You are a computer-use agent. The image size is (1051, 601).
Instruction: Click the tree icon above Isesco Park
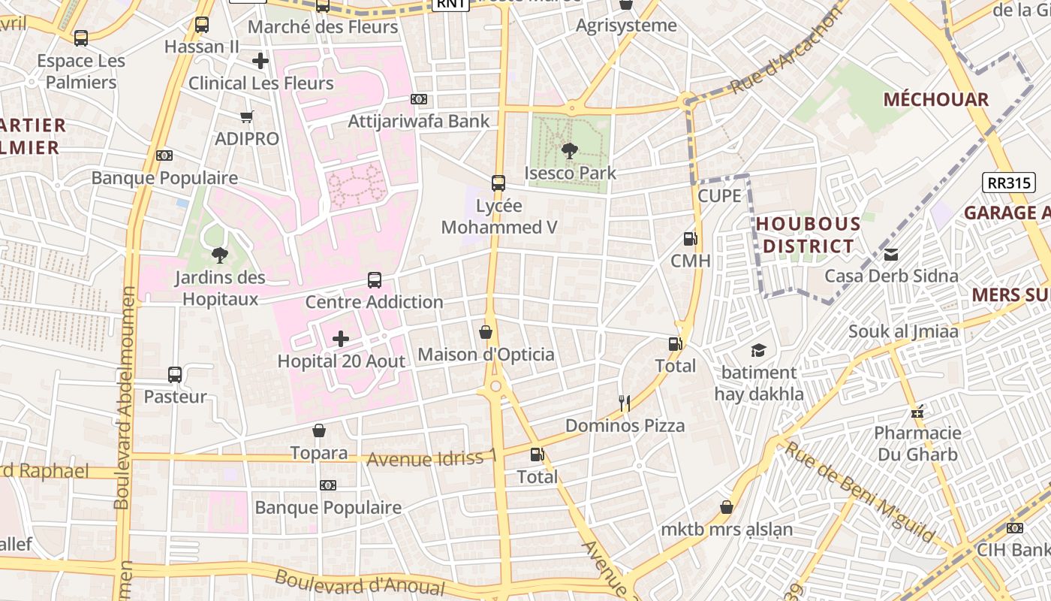(x=569, y=151)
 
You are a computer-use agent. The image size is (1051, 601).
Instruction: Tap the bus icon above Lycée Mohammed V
(x=498, y=183)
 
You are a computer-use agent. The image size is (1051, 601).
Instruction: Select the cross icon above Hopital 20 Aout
(x=341, y=339)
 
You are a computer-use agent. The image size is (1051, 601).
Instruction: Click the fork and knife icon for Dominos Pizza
(x=624, y=403)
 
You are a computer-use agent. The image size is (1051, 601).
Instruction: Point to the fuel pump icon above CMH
(x=690, y=239)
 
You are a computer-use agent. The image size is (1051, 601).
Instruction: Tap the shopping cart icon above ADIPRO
(x=246, y=116)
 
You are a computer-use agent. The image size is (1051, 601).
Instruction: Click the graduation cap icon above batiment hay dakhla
(x=758, y=350)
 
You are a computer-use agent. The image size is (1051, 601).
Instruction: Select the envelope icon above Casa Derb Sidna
(x=891, y=254)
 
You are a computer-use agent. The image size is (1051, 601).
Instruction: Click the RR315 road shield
(x=1009, y=182)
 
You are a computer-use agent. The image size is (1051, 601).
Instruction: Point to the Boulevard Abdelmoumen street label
(x=125, y=397)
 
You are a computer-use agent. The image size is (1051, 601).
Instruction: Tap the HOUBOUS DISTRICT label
(x=808, y=235)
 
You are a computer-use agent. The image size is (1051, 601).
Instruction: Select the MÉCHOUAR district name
(x=935, y=100)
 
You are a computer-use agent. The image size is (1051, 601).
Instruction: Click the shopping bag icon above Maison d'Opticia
(x=486, y=332)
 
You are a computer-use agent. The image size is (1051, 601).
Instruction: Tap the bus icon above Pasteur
(x=175, y=374)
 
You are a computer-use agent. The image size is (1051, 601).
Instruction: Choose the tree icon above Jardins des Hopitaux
(x=219, y=255)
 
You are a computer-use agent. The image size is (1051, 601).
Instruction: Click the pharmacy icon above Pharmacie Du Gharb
(x=916, y=411)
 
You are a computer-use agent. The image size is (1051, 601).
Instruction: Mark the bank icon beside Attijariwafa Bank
(x=419, y=99)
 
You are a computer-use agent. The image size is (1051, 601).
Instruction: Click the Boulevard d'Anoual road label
(x=360, y=583)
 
